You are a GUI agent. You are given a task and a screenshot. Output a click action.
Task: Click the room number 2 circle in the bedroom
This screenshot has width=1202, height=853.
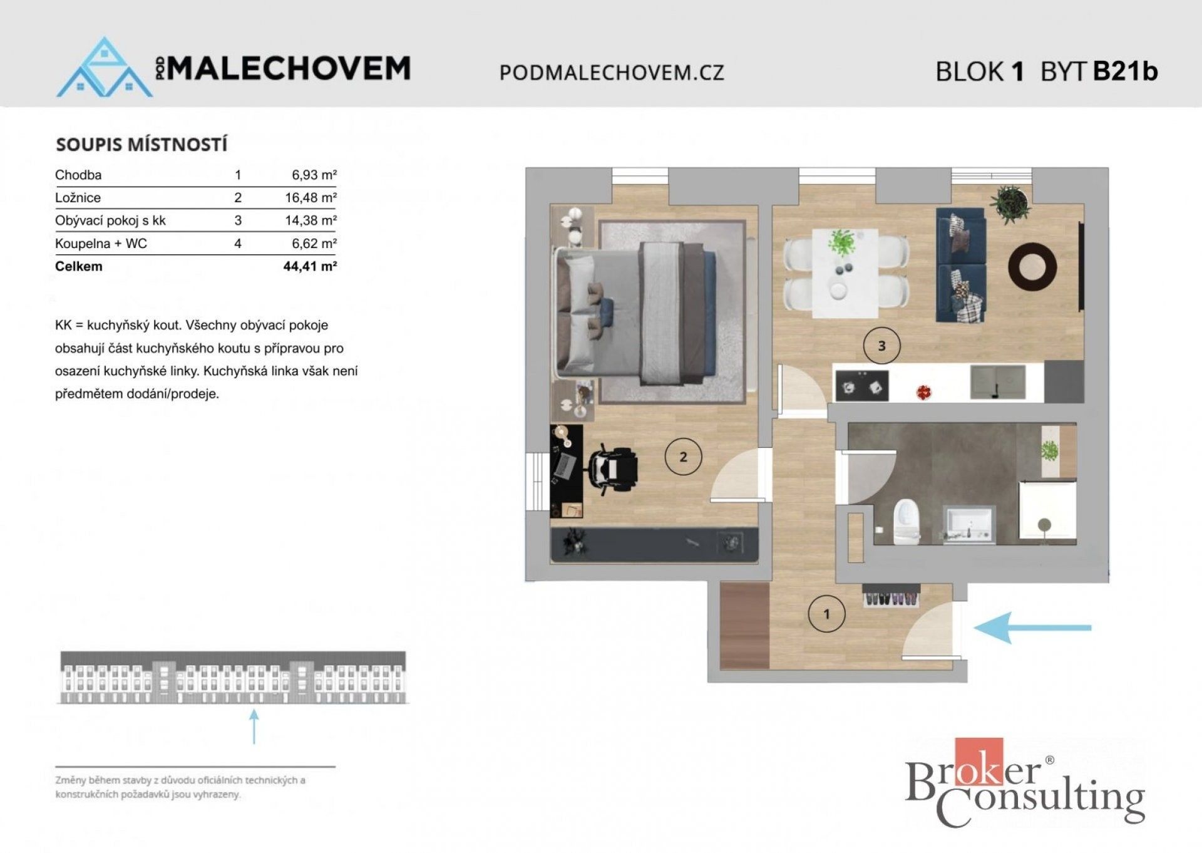pos(683,457)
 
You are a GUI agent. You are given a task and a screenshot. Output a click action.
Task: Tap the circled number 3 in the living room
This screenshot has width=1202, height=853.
pos(881,346)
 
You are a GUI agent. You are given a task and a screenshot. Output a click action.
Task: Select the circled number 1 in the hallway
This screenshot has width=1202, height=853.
pos(826,614)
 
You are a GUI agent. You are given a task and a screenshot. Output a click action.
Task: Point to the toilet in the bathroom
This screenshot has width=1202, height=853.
pos(906,522)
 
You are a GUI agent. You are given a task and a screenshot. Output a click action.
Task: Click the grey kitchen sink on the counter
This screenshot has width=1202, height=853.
pos(998,382)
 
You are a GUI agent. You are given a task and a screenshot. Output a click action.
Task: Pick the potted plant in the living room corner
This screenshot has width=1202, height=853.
pos(1009,203)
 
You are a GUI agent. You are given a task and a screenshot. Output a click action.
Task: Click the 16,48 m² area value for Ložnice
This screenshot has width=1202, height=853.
pos(311,198)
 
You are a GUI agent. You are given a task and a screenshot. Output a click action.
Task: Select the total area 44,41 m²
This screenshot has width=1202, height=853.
pos(310,266)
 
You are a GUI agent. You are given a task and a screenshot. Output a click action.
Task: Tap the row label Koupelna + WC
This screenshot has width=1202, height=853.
pos(101,244)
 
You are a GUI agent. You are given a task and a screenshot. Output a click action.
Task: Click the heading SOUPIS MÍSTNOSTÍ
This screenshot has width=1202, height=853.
pos(141,145)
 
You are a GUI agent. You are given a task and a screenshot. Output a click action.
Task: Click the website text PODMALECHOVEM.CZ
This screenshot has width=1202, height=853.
pos(612,73)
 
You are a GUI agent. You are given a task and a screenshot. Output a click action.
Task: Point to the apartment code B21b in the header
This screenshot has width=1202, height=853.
pos(1125,71)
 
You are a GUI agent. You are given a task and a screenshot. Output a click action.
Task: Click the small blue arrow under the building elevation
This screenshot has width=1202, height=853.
pos(254,726)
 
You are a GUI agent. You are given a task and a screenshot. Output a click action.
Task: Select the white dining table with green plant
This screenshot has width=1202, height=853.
pos(845,272)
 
